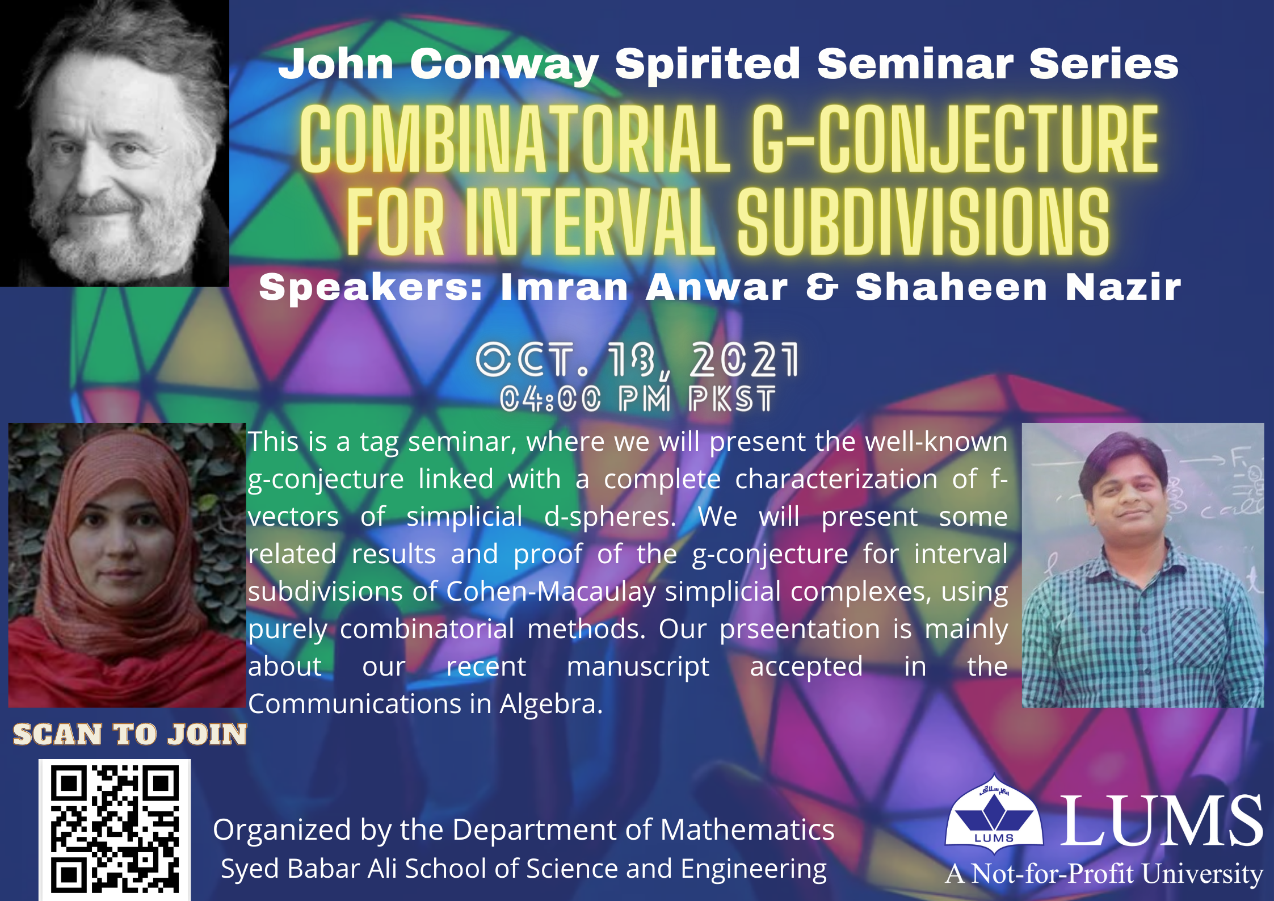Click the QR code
tap(115, 829)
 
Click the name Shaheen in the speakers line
tap(951, 287)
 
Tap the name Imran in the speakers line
tap(564, 287)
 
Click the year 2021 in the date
tap(744, 360)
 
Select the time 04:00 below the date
tap(550, 399)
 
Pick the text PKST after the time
tap(732, 399)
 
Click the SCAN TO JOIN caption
tap(130, 734)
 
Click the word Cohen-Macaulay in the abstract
tap(551, 592)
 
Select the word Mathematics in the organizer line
tap(747, 829)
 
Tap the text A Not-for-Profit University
tap(1104, 874)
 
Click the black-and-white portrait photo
tap(115, 143)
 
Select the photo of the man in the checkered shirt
tap(1143, 565)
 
